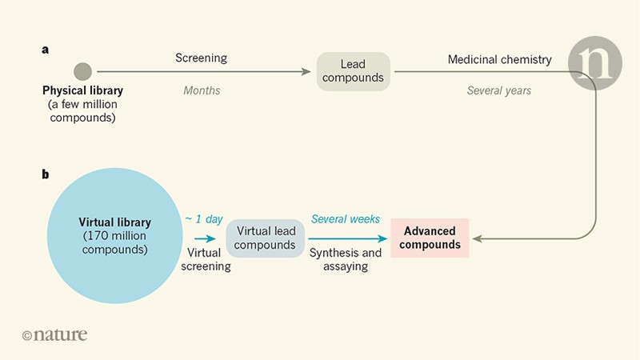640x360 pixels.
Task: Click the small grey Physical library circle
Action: pos(82,71)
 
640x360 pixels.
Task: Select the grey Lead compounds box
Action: pos(353,71)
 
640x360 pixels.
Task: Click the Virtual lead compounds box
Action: pos(266,237)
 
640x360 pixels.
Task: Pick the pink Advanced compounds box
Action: pos(430,238)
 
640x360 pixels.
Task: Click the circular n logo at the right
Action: pos(594,63)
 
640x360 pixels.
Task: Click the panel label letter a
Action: pos(46,49)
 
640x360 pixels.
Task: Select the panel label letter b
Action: pos(46,171)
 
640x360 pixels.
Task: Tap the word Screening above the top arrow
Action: pos(201,58)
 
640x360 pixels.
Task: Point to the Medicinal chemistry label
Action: pos(499,58)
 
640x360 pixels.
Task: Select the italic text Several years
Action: pos(499,90)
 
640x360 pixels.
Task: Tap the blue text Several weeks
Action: pos(345,218)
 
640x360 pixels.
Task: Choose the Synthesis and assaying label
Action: pos(346,259)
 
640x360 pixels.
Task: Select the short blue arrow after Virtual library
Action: pos(205,238)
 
